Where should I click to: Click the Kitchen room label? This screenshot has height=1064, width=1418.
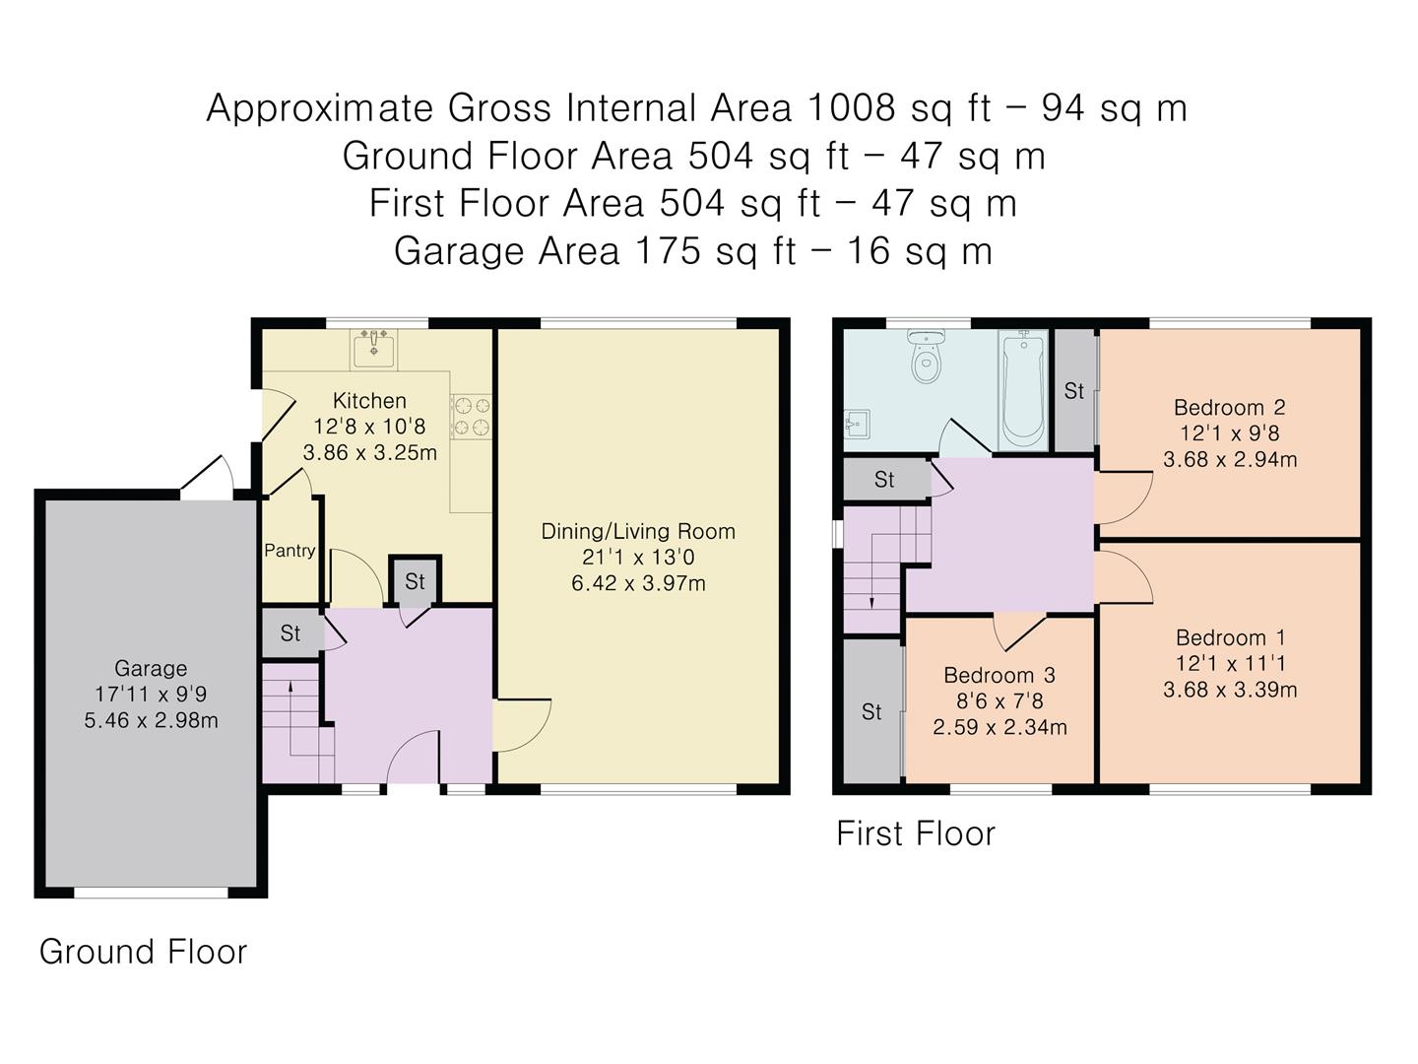point(369,401)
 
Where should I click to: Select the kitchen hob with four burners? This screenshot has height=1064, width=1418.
point(471,416)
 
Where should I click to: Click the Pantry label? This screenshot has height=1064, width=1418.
point(290,551)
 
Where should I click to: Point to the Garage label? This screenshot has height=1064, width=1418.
point(151,669)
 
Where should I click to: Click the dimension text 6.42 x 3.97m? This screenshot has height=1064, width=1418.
point(638,583)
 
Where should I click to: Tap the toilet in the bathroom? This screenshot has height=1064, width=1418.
point(925,361)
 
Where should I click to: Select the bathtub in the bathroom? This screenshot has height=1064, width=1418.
point(1022,389)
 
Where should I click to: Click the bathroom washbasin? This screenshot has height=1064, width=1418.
point(856,425)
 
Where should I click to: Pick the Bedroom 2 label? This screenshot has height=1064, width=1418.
point(1229,408)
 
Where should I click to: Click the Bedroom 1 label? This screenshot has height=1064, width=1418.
point(1230,638)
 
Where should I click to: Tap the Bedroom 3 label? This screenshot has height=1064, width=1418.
point(999,676)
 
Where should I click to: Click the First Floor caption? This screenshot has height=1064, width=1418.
point(915,834)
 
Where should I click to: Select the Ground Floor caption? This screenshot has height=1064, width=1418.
point(143,952)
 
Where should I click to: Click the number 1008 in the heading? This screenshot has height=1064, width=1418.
point(850,107)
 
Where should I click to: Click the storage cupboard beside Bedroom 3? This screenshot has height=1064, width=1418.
point(871,711)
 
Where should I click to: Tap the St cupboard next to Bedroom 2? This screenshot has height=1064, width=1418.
point(1073,391)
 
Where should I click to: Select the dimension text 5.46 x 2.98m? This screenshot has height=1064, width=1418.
point(151,721)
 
